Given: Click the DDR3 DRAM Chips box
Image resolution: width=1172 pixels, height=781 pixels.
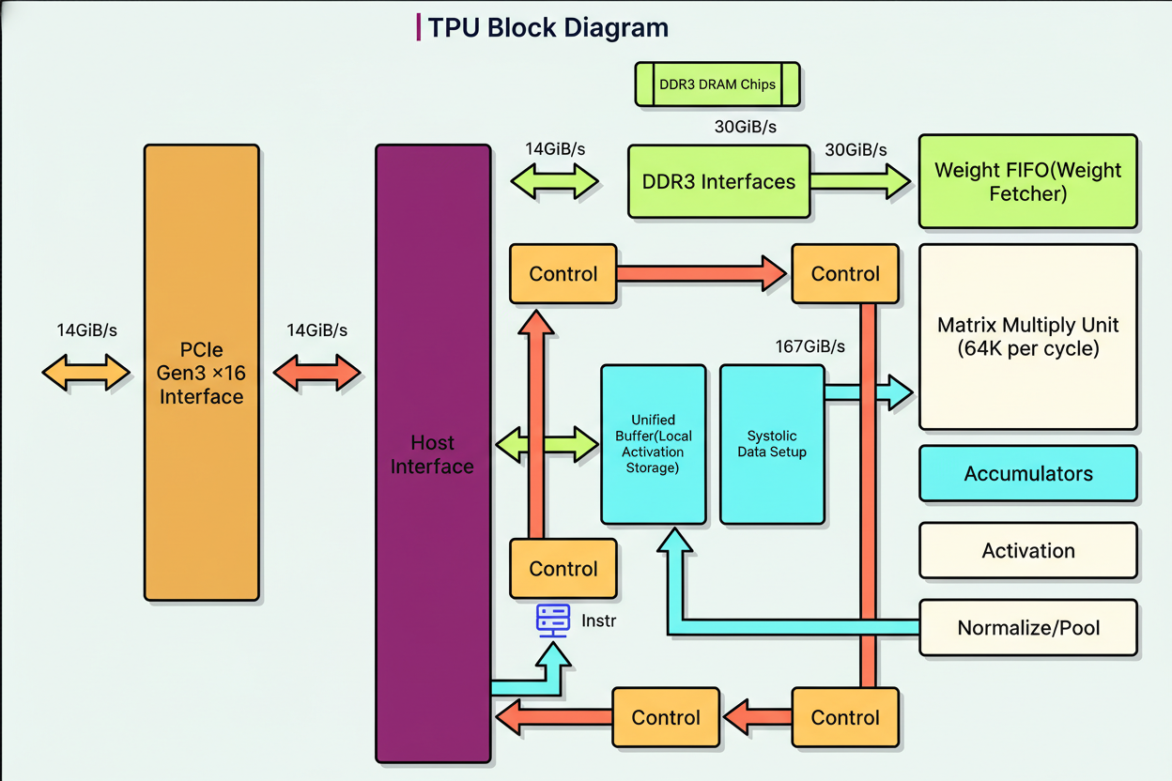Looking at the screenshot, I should [x=717, y=84].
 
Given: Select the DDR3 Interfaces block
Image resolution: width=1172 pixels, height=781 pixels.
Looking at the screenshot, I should [x=718, y=181].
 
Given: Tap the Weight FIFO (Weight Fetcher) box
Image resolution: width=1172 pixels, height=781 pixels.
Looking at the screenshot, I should [x=1027, y=182].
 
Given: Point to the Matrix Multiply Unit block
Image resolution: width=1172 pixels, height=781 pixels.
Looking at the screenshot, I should [x=1027, y=336].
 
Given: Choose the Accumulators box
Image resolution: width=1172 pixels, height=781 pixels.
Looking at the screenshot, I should [x=1027, y=473].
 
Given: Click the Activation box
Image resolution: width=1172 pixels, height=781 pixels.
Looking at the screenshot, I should [x=1027, y=550].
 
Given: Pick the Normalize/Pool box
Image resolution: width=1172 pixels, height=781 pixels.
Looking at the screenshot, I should [x=1027, y=627].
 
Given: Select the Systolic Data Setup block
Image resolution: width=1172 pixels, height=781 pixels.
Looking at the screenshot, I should [x=772, y=444].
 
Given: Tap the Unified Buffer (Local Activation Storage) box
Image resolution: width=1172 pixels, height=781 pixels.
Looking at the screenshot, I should [x=653, y=444].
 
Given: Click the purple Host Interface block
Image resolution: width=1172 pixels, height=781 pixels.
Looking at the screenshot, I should [x=433, y=453].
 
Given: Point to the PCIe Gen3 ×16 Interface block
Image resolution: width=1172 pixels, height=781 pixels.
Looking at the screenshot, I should [x=201, y=372].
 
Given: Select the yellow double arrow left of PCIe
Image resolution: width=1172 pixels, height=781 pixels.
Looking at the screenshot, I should [x=85, y=373].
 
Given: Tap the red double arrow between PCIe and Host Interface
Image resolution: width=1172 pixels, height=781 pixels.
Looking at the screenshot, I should [x=316, y=373].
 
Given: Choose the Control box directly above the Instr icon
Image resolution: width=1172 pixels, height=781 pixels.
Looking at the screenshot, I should [x=563, y=568].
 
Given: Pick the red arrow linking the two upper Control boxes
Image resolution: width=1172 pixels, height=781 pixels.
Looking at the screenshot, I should [x=702, y=273].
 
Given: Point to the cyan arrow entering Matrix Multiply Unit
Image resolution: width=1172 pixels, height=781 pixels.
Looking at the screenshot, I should [x=869, y=391].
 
